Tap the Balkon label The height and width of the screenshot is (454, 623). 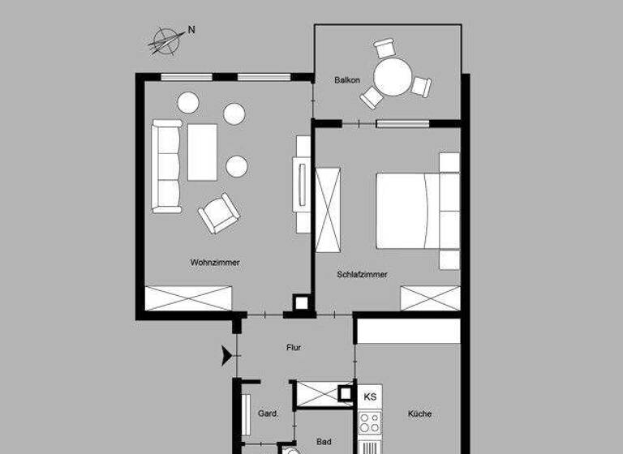tap(346, 80)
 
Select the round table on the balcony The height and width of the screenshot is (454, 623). tap(394, 79)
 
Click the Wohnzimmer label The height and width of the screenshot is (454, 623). tap(215, 263)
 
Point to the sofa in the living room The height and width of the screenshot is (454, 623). tap(167, 165)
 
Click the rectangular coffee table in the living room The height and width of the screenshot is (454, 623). tap(202, 152)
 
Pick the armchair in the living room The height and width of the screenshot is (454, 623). tap(219, 213)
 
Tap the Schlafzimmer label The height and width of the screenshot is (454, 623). tap(362, 275)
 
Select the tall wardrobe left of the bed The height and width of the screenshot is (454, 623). tap(328, 204)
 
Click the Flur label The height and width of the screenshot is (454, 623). tap(294, 348)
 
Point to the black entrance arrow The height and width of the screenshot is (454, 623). tap(226, 354)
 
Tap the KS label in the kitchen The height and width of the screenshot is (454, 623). tap(370, 396)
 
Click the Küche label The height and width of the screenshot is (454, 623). tap(419, 414)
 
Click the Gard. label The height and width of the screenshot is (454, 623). tap(269, 413)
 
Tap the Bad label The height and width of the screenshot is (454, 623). tap(324, 442)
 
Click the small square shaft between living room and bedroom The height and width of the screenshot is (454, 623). tap(302, 303)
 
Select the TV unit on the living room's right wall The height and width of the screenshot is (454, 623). tap(303, 184)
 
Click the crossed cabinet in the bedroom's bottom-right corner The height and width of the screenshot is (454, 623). tap(430, 298)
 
